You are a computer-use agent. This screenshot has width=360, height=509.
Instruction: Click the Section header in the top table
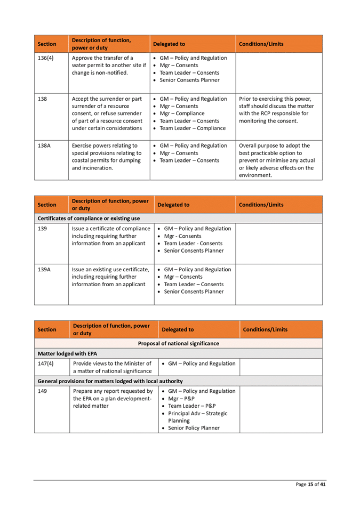pyautogui.click(x=47, y=44)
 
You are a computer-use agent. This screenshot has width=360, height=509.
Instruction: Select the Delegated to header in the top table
pyautogui.click(x=169, y=44)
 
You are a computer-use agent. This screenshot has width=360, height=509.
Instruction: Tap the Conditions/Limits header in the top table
pyautogui.click(x=261, y=44)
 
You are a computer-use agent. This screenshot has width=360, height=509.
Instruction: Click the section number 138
pyautogui.click(x=42, y=99)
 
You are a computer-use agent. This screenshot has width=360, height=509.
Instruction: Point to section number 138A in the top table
pyautogui.click(x=44, y=146)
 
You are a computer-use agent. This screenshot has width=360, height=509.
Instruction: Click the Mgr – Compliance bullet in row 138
pyautogui.click(x=182, y=114)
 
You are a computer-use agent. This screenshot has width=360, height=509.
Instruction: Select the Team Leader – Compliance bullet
pyautogui.click(x=193, y=128)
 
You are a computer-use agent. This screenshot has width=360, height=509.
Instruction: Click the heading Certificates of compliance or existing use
pyautogui.click(x=89, y=219)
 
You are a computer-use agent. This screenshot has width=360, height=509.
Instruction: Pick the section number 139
pyautogui.click(x=42, y=229)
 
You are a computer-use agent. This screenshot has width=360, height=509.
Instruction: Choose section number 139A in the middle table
pyautogui.click(x=44, y=270)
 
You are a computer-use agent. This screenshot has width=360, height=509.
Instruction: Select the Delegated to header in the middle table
pyautogui.click(x=173, y=205)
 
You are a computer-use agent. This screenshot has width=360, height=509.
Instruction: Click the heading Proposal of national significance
pyautogui.click(x=178, y=343)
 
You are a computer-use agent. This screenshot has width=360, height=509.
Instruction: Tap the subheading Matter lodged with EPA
pyautogui.click(x=67, y=353)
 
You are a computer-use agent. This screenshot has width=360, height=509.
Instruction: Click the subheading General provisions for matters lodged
pyautogui.click(x=110, y=381)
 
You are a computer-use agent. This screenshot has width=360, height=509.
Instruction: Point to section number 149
pyautogui.click(x=42, y=391)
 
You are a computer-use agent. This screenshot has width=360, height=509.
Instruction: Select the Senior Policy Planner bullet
pyautogui.click(x=194, y=428)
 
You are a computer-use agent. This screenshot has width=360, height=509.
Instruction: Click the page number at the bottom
pyautogui.click(x=311, y=484)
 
